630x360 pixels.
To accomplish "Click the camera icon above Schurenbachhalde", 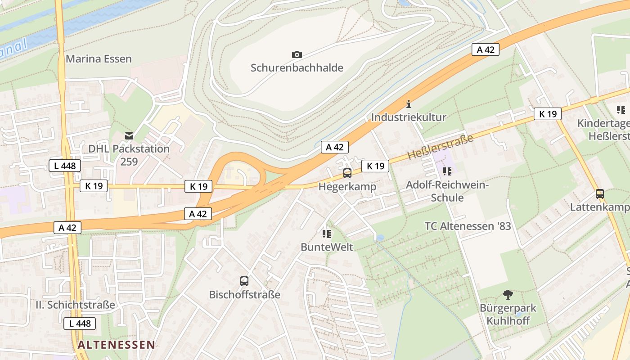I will (297, 54).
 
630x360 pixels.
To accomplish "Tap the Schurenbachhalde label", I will (297, 68).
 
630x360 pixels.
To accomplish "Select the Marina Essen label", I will (99, 59).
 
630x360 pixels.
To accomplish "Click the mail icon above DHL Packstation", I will (129, 135).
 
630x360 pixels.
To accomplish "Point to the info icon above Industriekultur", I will (409, 104).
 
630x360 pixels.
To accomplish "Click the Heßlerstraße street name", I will (441, 147).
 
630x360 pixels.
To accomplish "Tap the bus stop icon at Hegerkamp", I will (347, 173).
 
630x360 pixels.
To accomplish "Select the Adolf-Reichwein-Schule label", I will (447, 191).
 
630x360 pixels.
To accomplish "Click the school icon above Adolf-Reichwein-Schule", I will (447, 171).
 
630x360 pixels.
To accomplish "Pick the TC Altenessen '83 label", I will (468, 226).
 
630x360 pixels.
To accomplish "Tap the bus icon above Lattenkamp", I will (599, 194).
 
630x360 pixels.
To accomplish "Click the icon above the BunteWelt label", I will (327, 234).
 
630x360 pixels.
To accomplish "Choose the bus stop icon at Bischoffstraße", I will (244, 281).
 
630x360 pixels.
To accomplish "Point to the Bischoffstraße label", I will (244, 295).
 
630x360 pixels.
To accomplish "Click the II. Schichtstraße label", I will (75, 305).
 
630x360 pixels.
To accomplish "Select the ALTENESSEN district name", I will (116, 345).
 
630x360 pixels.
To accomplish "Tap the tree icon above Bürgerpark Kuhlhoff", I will (508, 295).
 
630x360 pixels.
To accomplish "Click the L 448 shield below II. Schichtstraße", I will (80, 323).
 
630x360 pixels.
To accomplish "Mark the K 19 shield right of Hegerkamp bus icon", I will (375, 166).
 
